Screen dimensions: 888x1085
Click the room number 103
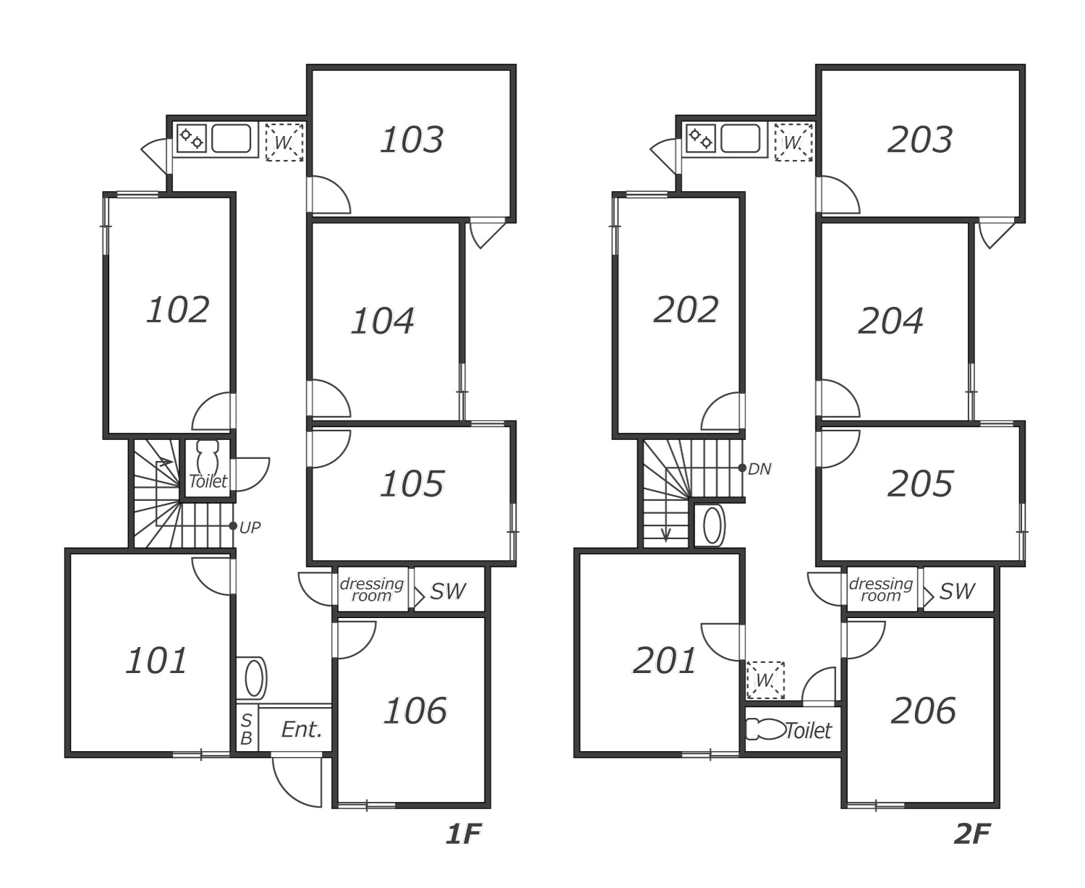(412, 140)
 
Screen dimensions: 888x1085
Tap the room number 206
(924, 711)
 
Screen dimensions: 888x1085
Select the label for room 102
(178, 310)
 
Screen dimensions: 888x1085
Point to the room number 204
(890, 321)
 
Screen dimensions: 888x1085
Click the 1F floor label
(463, 834)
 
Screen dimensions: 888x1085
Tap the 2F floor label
(971, 834)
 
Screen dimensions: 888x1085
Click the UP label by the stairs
(250, 528)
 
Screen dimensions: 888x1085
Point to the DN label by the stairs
(759, 469)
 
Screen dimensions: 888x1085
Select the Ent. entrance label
(301, 730)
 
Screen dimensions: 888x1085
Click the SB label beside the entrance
(246, 730)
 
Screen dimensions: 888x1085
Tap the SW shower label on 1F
(448, 591)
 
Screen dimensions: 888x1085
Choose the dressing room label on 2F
(880, 589)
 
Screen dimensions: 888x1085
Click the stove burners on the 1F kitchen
(192, 138)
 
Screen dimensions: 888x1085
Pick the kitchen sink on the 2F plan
(740, 138)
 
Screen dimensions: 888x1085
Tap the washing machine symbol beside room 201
(765, 680)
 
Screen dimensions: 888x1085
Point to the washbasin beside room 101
(253, 678)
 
